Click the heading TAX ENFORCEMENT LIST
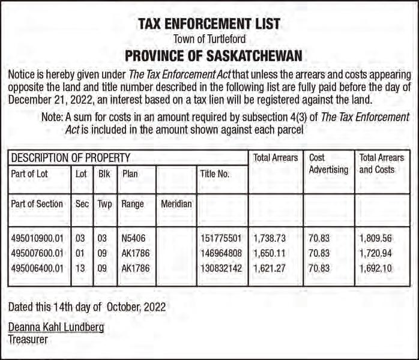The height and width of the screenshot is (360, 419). [x=209, y=24]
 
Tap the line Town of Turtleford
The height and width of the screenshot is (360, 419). [x=209, y=40]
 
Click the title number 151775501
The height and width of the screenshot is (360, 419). [x=221, y=238]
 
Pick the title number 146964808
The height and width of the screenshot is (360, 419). [x=221, y=253]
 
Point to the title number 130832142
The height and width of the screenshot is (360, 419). [x=221, y=268]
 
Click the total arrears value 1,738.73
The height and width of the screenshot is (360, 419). [x=270, y=238]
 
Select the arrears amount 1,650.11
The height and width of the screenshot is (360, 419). [x=270, y=253]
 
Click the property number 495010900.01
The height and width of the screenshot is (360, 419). [x=37, y=238]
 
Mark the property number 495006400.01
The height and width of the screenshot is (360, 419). [x=37, y=268]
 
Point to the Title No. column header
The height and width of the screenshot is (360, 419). [x=215, y=174]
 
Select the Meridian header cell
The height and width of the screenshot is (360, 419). [x=176, y=204]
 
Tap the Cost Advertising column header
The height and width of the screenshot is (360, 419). [x=328, y=164]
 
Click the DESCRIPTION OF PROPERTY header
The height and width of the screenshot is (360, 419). [x=71, y=158]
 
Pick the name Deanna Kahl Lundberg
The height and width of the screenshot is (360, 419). [x=56, y=327]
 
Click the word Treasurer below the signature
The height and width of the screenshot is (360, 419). [x=28, y=339]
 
